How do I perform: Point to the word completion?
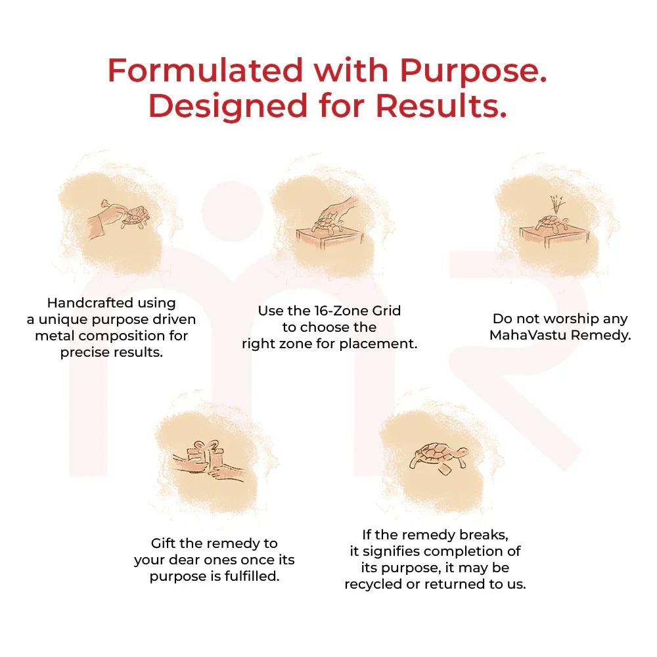pos(464,551)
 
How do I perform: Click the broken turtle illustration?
pos(439,455)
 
